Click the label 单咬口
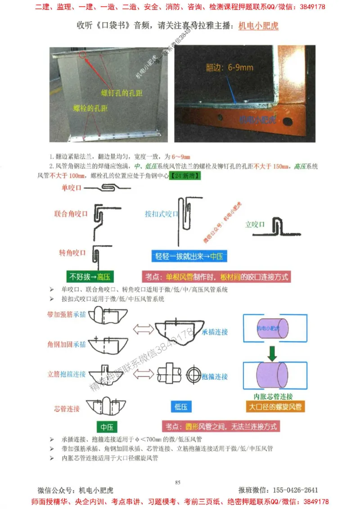click(x=72, y=188)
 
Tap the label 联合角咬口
click(x=71, y=214)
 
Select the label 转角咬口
click(x=72, y=253)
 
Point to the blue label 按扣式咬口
click(x=162, y=214)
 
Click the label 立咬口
click(x=255, y=224)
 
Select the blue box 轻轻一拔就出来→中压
click(x=189, y=257)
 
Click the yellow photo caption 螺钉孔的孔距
click(x=121, y=93)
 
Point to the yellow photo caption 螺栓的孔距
click(x=90, y=109)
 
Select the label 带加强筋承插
click(x=66, y=313)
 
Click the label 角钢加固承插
click(x=66, y=344)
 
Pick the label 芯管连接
click(x=67, y=409)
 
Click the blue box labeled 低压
click(x=180, y=406)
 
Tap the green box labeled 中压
click(x=106, y=427)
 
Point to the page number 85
click(x=178, y=482)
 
